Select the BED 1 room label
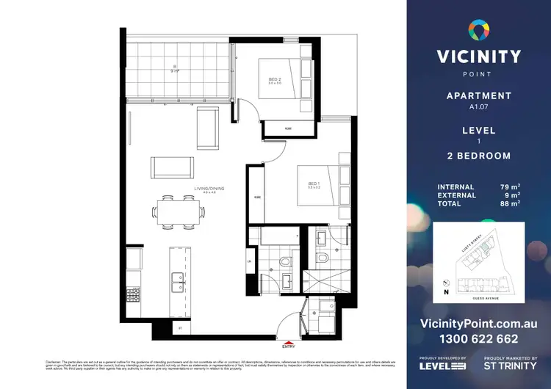pos(314,185)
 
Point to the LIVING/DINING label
pos(209,189)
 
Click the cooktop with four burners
pos(133,295)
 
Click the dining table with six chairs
pos(179,212)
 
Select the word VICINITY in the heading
pos(479,57)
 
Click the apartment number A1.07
pos(479,106)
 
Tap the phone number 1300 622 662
pos(479,339)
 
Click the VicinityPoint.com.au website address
pos(479,324)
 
